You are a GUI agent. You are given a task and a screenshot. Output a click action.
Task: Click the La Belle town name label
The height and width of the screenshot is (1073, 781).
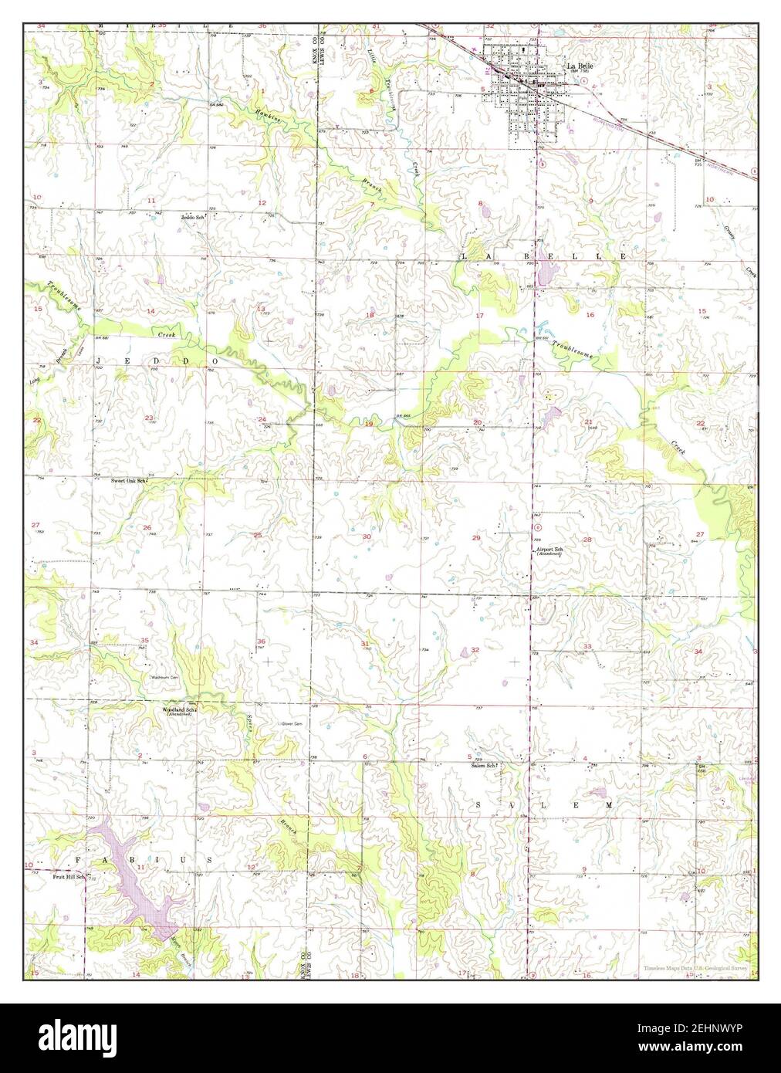[x=580, y=66]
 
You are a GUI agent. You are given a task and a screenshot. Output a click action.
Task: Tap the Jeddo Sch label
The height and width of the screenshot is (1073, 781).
[x=194, y=218]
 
